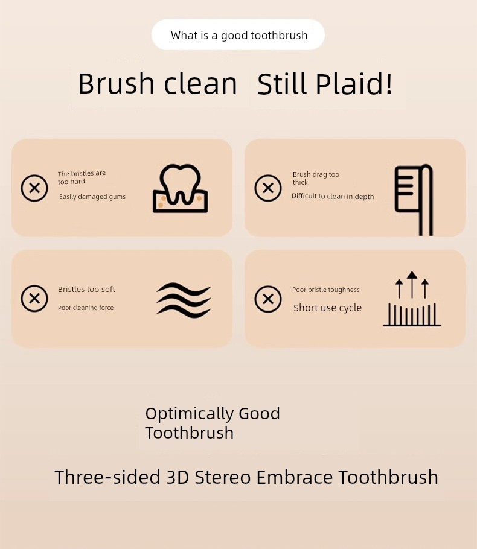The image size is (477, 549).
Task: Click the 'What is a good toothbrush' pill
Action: pos(238,35)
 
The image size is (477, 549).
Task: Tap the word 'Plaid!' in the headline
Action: pos(354,84)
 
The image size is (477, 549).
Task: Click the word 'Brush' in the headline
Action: pos(117,84)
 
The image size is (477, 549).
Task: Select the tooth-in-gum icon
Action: pos(180,188)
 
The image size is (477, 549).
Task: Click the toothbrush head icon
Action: pos(414,200)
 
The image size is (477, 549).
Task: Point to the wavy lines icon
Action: pos(184,300)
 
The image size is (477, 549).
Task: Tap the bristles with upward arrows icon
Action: pos(412,299)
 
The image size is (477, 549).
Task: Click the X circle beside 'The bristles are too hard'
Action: pos(34,188)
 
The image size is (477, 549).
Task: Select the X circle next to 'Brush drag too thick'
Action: pos(268,188)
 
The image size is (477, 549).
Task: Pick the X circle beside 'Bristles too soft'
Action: pos(34,299)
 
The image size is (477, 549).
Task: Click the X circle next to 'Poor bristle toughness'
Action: pos(268,299)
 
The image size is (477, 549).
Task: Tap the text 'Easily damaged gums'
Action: pos(92,197)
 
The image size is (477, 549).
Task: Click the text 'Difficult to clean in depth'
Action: pos(333,197)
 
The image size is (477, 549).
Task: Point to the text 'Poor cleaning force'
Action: pos(86,308)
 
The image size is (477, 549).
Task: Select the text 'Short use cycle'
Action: pos(327,308)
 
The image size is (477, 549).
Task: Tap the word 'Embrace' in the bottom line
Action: pos(295,477)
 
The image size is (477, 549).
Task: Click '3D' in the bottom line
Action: pos(178,477)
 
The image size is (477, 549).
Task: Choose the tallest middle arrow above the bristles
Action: pos(412,285)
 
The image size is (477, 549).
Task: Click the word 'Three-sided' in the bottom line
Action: pos(107,477)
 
